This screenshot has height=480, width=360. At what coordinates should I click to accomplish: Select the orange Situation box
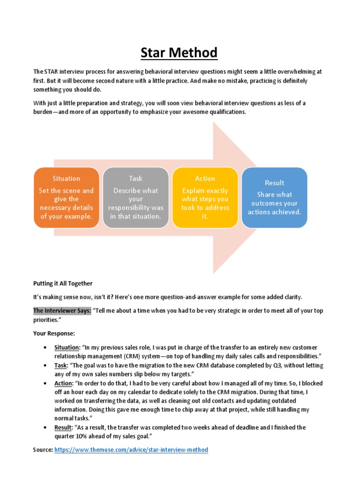(66, 197)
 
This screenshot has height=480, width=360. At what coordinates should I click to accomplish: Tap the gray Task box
(135, 197)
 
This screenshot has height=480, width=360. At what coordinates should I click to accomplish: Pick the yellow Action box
(205, 197)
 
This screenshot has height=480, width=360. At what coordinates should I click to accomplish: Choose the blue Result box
(274, 197)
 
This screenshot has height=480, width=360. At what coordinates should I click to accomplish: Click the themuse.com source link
(131, 450)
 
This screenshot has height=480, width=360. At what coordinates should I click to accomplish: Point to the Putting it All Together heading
(63, 284)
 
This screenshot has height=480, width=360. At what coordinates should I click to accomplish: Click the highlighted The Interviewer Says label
(62, 311)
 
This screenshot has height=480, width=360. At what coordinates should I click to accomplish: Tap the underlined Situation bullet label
(67, 347)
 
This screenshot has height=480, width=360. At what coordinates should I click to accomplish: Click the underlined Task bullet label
(61, 365)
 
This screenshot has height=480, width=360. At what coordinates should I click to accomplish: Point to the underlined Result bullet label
(63, 427)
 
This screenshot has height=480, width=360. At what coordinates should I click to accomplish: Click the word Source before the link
(43, 450)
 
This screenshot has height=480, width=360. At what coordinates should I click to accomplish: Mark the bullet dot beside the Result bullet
(45, 427)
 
